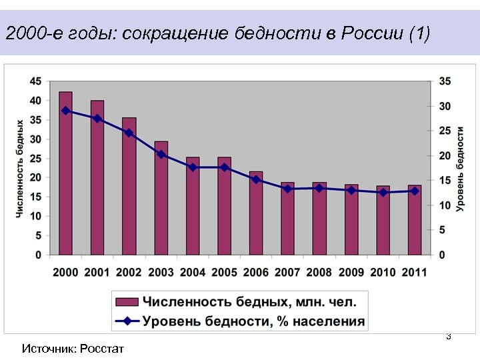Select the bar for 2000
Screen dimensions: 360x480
click(x=65, y=173)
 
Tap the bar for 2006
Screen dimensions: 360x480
click(x=256, y=213)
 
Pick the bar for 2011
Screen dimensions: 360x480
click(x=415, y=220)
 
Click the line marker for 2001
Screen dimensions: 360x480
click(x=97, y=119)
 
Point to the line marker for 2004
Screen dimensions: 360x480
click(x=193, y=167)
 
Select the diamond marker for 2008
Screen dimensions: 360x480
click(x=319, y=188)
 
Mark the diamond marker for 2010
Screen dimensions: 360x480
click(x=383, y=192)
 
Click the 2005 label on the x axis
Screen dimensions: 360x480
click(x=224, y=273)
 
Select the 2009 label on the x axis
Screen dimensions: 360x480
click(x=351, y=273)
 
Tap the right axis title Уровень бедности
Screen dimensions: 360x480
click(x=461, y=168)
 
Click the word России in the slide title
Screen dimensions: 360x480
click(x=370, y=33)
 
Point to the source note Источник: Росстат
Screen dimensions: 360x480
click(x=73, y=348)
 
